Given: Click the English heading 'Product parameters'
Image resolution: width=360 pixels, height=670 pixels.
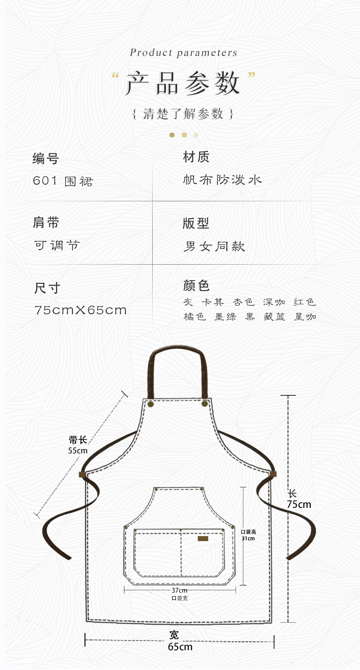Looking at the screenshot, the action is [184, 53].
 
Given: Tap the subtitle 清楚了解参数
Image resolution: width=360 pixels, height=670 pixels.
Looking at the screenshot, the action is [183, 113].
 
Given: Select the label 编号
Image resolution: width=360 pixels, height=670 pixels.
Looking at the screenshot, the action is [46, 159].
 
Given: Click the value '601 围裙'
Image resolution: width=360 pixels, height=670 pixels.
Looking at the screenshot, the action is [63, 181].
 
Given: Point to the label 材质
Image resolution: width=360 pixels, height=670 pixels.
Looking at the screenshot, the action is [196, 158].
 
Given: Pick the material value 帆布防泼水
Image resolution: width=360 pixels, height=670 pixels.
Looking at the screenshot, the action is [222, 180].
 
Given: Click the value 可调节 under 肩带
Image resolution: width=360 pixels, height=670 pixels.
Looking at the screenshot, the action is [57, 245].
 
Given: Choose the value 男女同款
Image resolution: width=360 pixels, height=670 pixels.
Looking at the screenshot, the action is [214, 246].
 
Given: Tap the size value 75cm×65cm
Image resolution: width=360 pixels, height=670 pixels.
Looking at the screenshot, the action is [81, 310].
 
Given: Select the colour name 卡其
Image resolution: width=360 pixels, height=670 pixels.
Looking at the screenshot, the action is [213, 302].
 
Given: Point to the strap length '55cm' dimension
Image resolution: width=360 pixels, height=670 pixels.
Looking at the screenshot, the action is [77, 450].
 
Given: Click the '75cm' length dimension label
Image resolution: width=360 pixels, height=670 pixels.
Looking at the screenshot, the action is [299, 504].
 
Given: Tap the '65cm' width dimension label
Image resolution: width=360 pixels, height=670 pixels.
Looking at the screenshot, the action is [180, 647].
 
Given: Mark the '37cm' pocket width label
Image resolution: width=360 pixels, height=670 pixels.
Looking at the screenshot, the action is [180, 590].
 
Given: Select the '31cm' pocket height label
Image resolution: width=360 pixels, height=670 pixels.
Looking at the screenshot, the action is [248, 538].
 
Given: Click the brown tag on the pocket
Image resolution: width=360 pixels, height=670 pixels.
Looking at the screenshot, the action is [203, 539].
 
